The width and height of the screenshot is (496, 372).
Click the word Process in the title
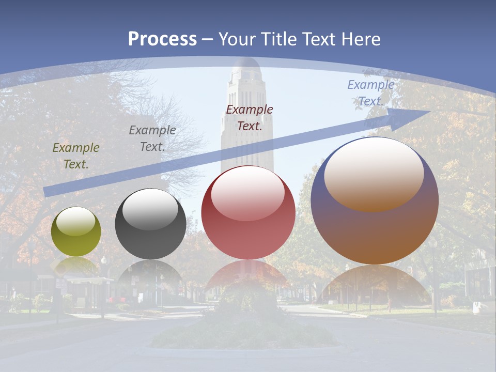[x=162, y=39]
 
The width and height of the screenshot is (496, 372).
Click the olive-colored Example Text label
[x=75, y=156]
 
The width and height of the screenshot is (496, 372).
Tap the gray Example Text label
[x=152, y=138]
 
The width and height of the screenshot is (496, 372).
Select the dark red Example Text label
[x=249, y=117]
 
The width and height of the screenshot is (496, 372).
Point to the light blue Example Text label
[x=370, y=93]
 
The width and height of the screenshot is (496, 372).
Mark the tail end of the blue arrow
[x=48, y=192]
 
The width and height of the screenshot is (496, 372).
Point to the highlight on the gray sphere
[x=150, y=209]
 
